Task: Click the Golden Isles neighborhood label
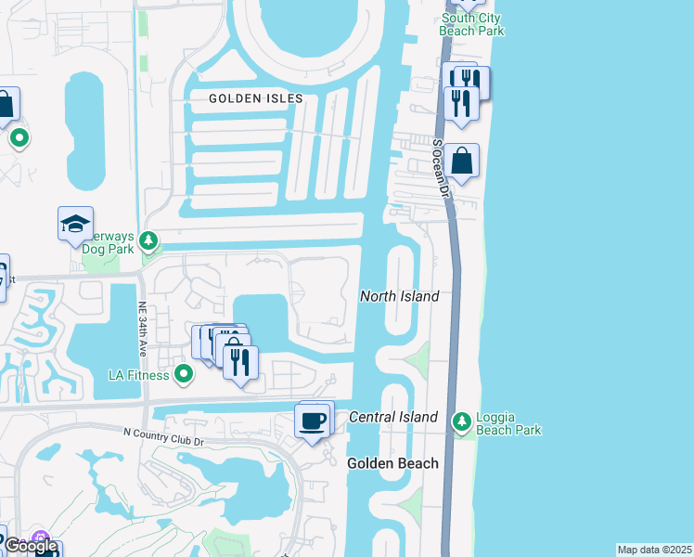click(255, 98)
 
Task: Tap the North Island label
click(399, 296)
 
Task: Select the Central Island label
click(392, 418)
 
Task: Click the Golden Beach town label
click(392, 462)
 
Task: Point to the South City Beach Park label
click(473, 24)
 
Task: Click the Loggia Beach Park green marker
click(461, 423)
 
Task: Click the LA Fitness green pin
click(184, 375)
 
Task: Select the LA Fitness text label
click(138, 375)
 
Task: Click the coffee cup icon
click(312, 421)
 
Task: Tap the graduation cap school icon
click(75, 224)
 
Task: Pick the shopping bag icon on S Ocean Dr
click(462, 162)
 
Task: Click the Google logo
click(30, 547)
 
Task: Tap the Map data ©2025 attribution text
click(654, 550)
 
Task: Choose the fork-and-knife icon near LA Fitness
click(241, 361)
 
